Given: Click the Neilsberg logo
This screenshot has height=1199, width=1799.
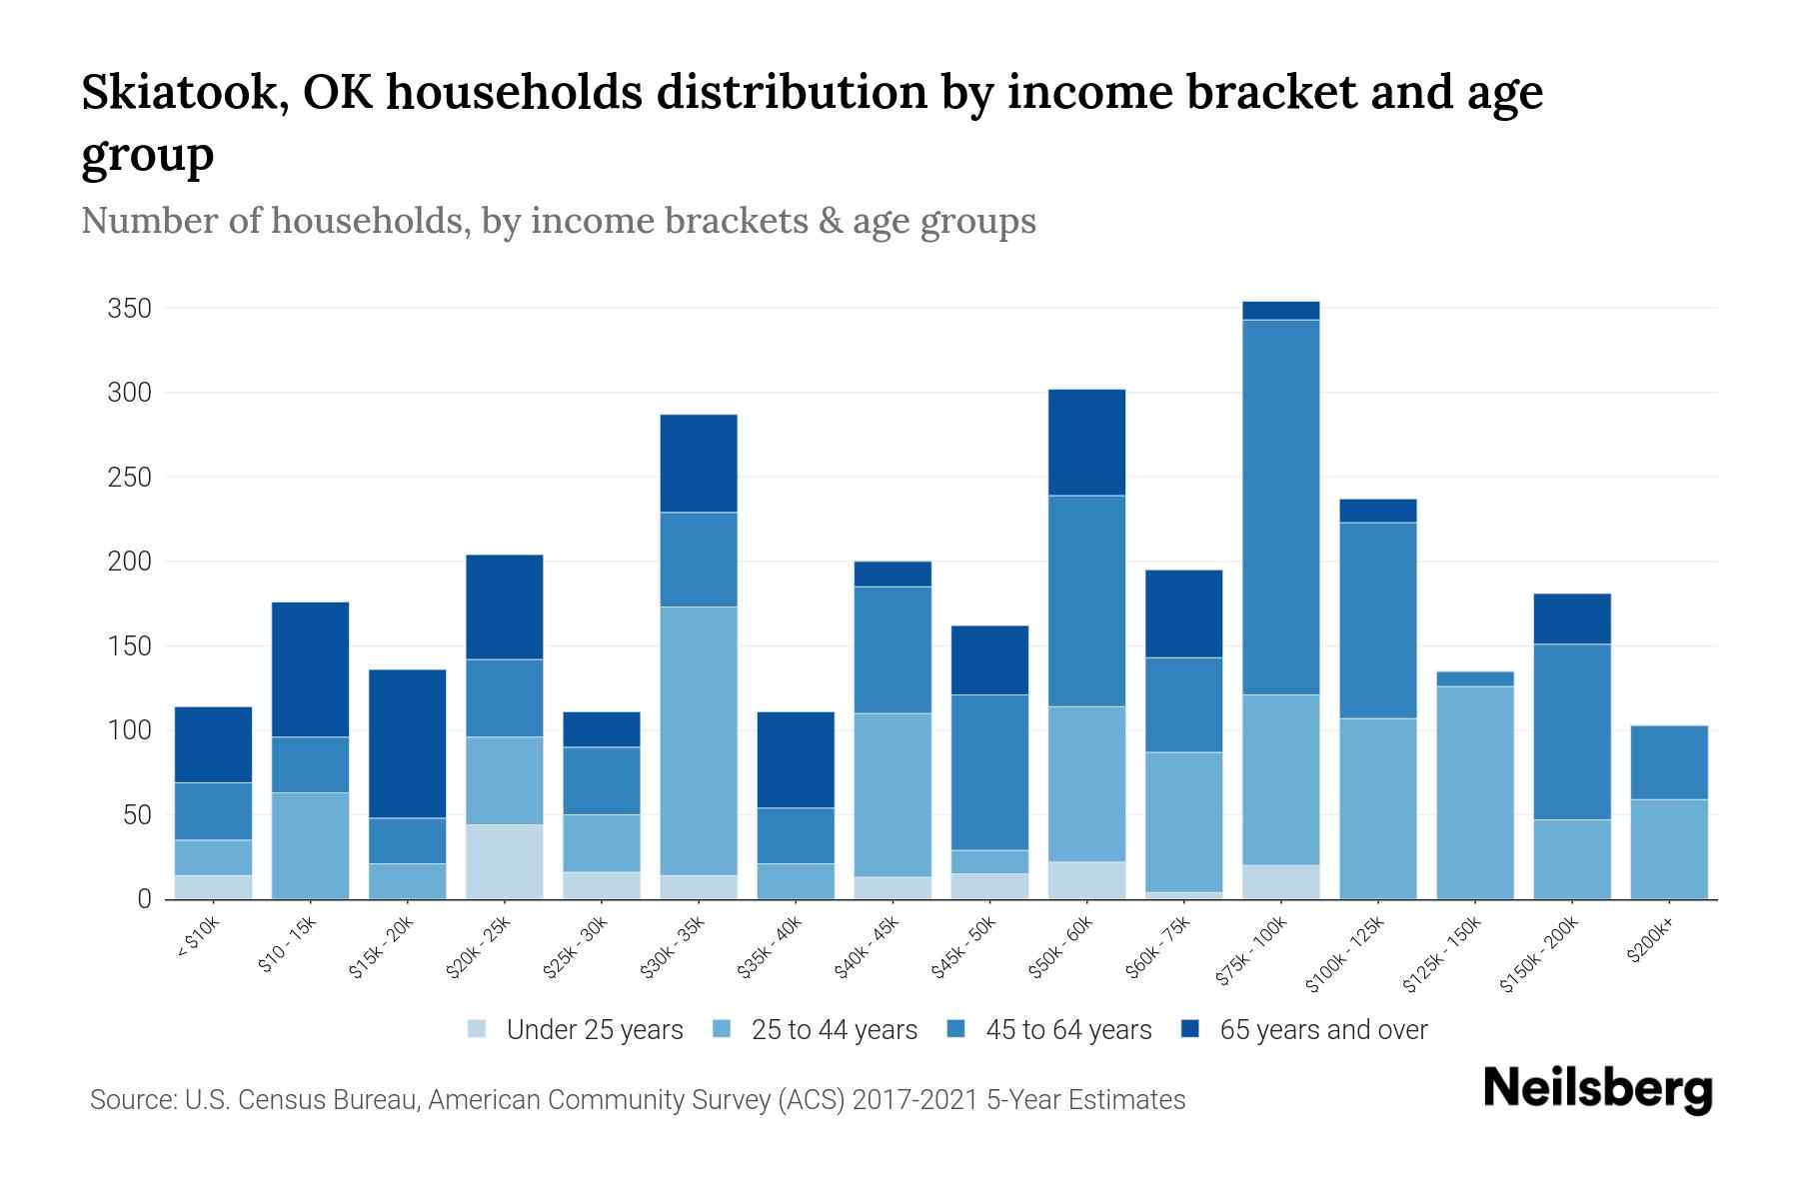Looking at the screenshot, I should (1597, 1089).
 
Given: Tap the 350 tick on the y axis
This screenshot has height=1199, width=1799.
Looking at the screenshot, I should (129, 309).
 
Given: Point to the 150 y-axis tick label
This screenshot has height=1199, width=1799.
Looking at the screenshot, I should (129, 646).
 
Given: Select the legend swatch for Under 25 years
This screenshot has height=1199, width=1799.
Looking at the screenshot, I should (478, 1029).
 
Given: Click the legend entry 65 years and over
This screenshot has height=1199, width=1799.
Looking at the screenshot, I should (1323, 1030).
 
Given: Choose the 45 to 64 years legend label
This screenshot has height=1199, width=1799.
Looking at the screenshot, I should (1068, 1030).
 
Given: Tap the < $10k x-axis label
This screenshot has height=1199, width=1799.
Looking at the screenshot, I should (199, 940).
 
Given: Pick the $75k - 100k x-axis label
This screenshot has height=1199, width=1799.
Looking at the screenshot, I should (1255, 954).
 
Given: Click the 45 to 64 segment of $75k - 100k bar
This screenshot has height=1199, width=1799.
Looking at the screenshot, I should (1280, 507).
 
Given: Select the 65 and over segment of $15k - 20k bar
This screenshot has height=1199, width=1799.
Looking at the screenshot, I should (408, 743).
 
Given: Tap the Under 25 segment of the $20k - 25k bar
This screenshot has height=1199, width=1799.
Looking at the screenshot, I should (505, 861).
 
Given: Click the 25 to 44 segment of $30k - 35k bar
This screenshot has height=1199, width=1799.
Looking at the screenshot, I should (699, 740).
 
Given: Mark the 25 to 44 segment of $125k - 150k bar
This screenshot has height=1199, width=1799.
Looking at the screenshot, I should (1475, 792).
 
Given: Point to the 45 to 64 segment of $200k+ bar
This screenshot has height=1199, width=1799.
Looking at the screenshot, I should (1669, 762).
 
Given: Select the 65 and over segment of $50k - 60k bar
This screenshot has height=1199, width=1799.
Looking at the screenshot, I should (1086, 442).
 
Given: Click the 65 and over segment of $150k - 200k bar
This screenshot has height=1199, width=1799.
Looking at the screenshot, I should (1572, 618).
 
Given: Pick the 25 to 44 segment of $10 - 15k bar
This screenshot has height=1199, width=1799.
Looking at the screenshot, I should (310, 845).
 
